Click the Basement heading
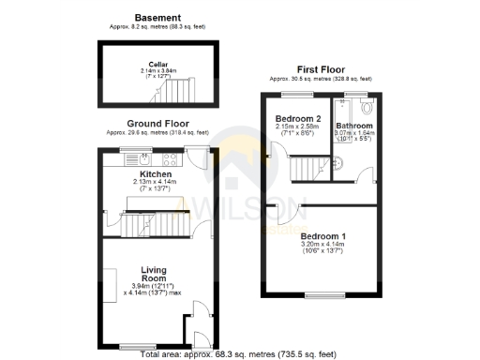pos(157,17)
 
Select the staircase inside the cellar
pos(175,91)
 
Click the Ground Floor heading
pos(157,123)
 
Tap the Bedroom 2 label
pos(298,119)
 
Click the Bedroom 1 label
pos(322,235)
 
